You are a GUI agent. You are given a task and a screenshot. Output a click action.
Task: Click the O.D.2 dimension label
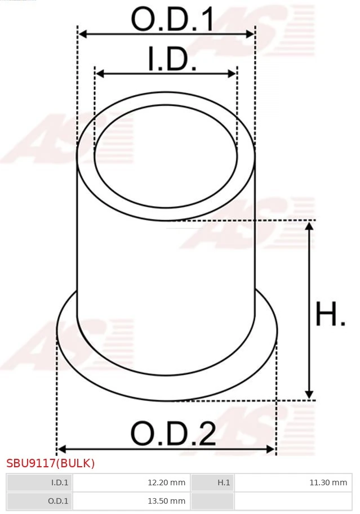[x=173, y=433]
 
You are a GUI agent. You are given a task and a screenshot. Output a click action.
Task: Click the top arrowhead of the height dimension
[x=309, y=226]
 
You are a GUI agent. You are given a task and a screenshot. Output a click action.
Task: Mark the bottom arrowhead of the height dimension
[x=309, y=395]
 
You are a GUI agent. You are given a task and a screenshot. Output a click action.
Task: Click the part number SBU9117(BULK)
[x=51, y=463]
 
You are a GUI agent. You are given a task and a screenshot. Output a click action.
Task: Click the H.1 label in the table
[x=224, y=482]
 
